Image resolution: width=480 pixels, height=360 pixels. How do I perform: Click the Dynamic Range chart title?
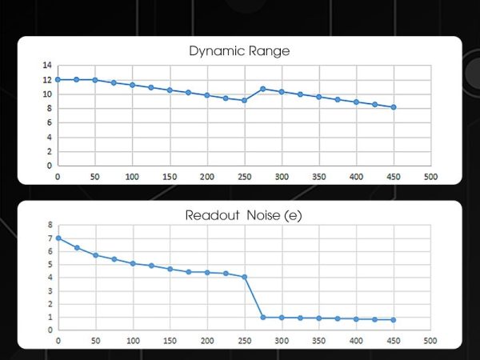click(x=239, y=51)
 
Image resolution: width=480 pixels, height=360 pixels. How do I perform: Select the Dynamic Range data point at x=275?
click(x=263, y=89)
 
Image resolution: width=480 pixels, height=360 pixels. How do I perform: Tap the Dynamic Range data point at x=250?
click(x=244, y=100)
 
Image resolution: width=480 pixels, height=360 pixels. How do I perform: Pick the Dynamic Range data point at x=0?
click(x=58, y=79)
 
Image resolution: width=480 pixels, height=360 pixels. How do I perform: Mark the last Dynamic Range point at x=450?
click(x=394, y=107)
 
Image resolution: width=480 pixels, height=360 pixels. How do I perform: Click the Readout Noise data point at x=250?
click(x=244, y=277)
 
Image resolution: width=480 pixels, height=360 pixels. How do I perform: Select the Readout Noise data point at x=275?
click(x=263, y=318)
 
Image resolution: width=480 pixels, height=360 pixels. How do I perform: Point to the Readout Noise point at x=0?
click(x=58, y=238)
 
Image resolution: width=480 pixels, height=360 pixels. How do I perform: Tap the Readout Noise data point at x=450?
click(x=394, y=320)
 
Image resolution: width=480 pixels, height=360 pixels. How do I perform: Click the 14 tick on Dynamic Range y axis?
click(x=47, y=65)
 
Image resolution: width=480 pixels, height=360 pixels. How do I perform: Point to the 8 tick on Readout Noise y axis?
click(x=50, y=225)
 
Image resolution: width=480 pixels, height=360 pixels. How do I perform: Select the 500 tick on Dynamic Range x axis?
click(x=430, y=175)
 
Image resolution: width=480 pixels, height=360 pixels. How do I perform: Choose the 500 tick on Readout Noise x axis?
click(x=430, y=340)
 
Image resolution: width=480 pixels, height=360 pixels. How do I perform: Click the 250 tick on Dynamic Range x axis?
click(x=244, y=175)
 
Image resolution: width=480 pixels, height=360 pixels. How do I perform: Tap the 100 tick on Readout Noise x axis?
click(x=132, y=340)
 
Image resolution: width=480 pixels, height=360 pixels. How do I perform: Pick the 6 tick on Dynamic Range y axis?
click(x=50, y=122)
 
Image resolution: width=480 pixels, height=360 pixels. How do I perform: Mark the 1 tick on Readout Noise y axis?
click(x=50, y=318)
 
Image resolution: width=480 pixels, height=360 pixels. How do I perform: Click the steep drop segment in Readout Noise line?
click(x=254, y=298)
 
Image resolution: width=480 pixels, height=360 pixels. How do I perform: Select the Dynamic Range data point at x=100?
click(x=132, y=85)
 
